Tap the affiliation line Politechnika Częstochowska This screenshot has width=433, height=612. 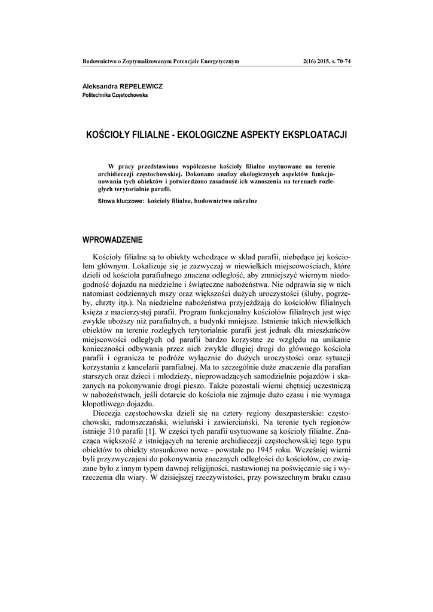pos(115,95)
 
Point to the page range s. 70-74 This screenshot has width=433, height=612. pos(340,61)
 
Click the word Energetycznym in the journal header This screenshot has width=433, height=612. pos(218,61)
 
